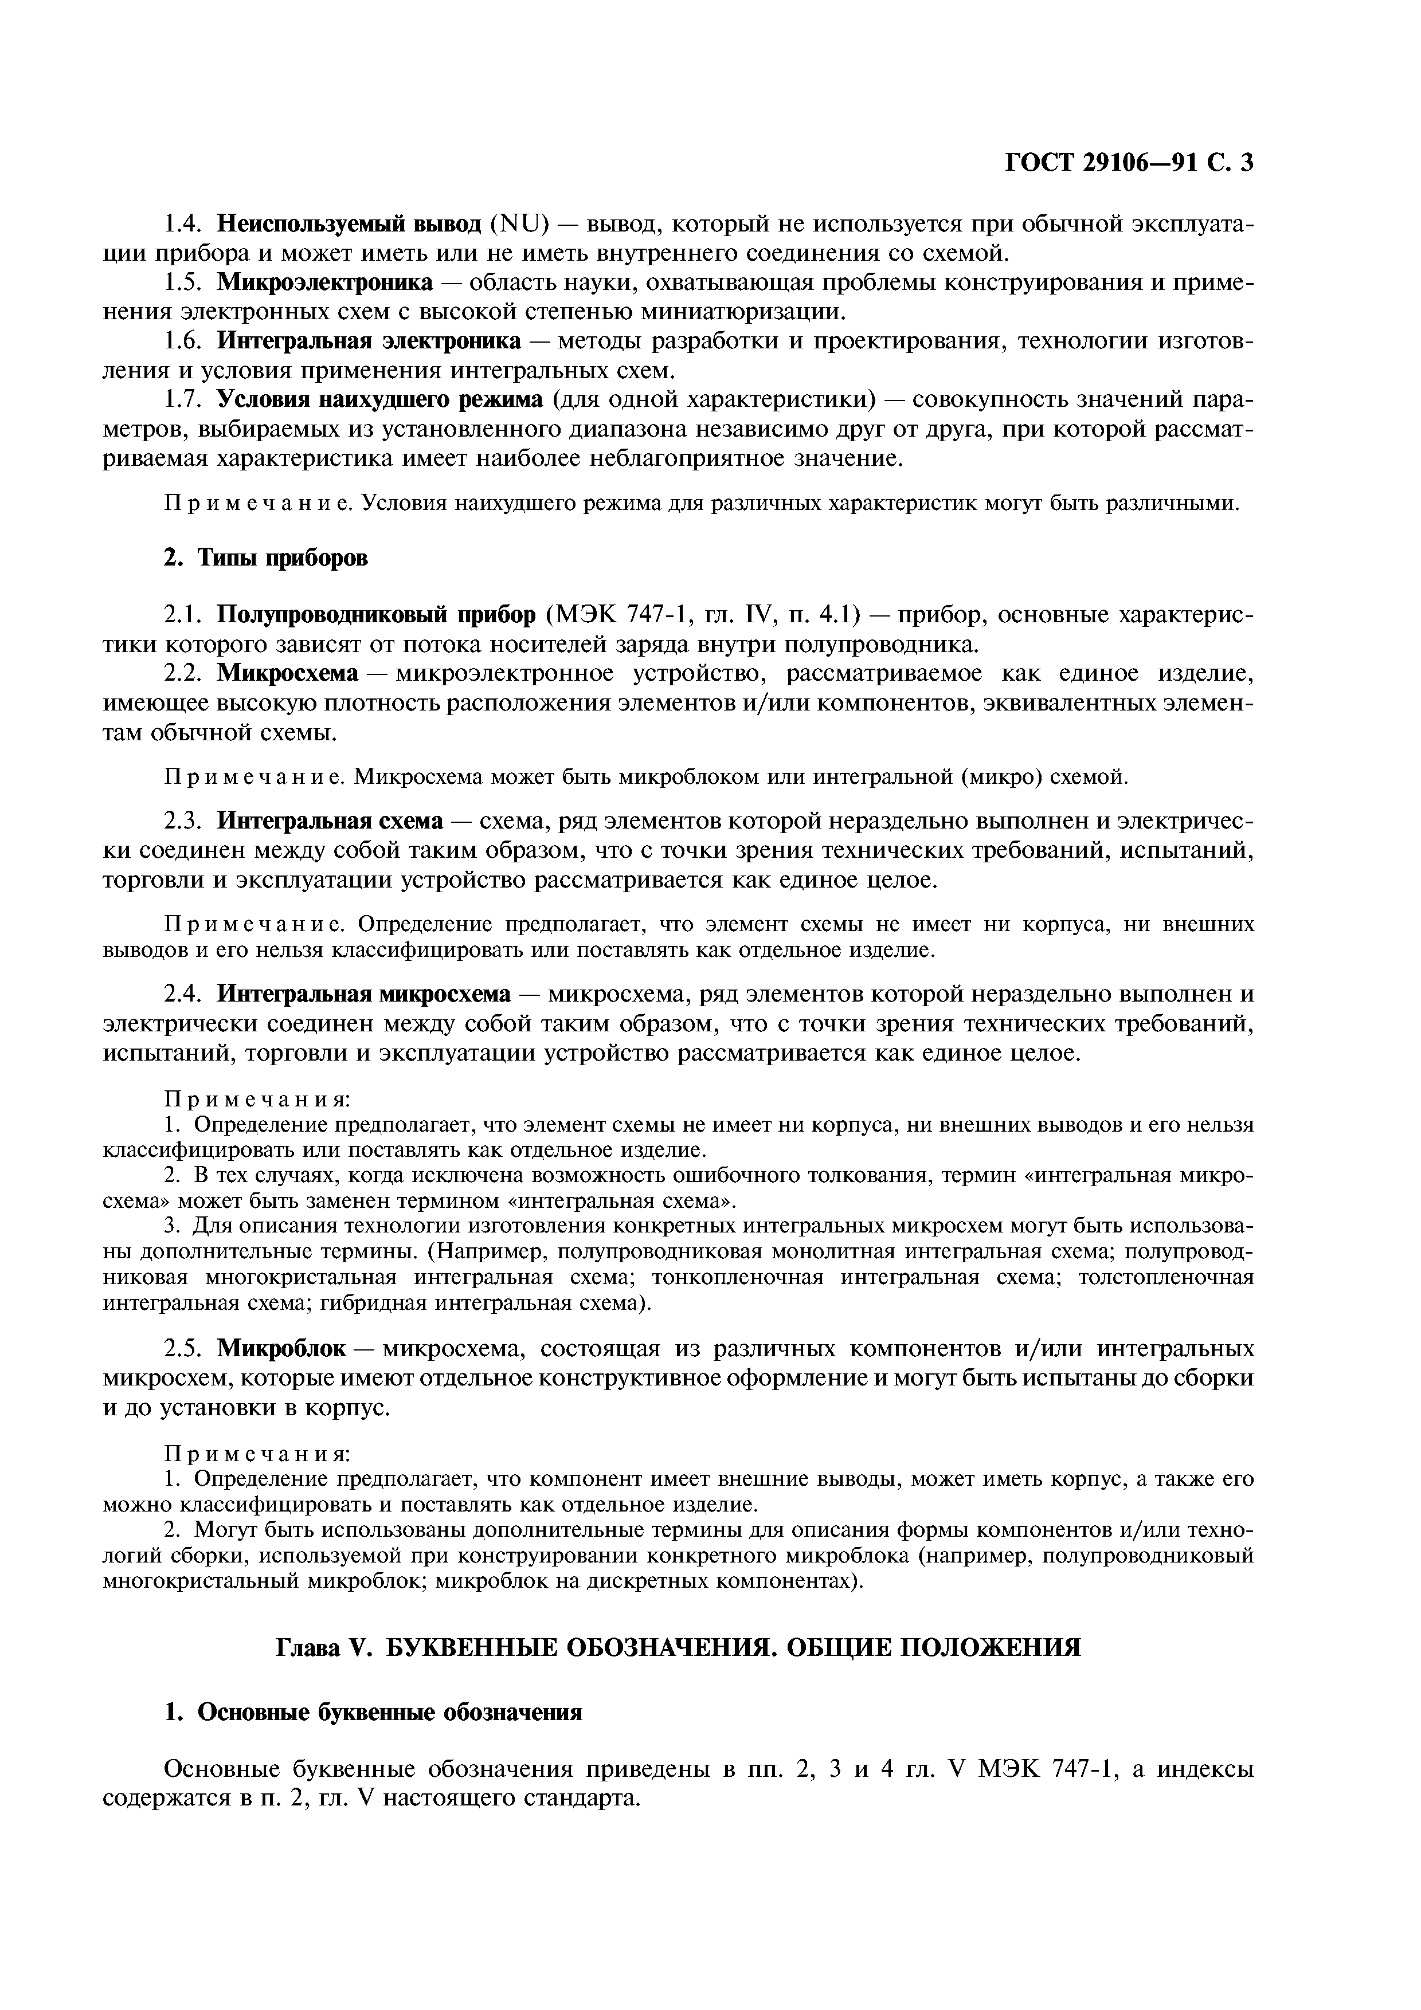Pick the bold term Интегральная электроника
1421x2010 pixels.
pos(369,341)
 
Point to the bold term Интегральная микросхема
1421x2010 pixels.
pos(363,995)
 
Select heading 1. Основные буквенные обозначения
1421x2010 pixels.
pos(374,1713)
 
